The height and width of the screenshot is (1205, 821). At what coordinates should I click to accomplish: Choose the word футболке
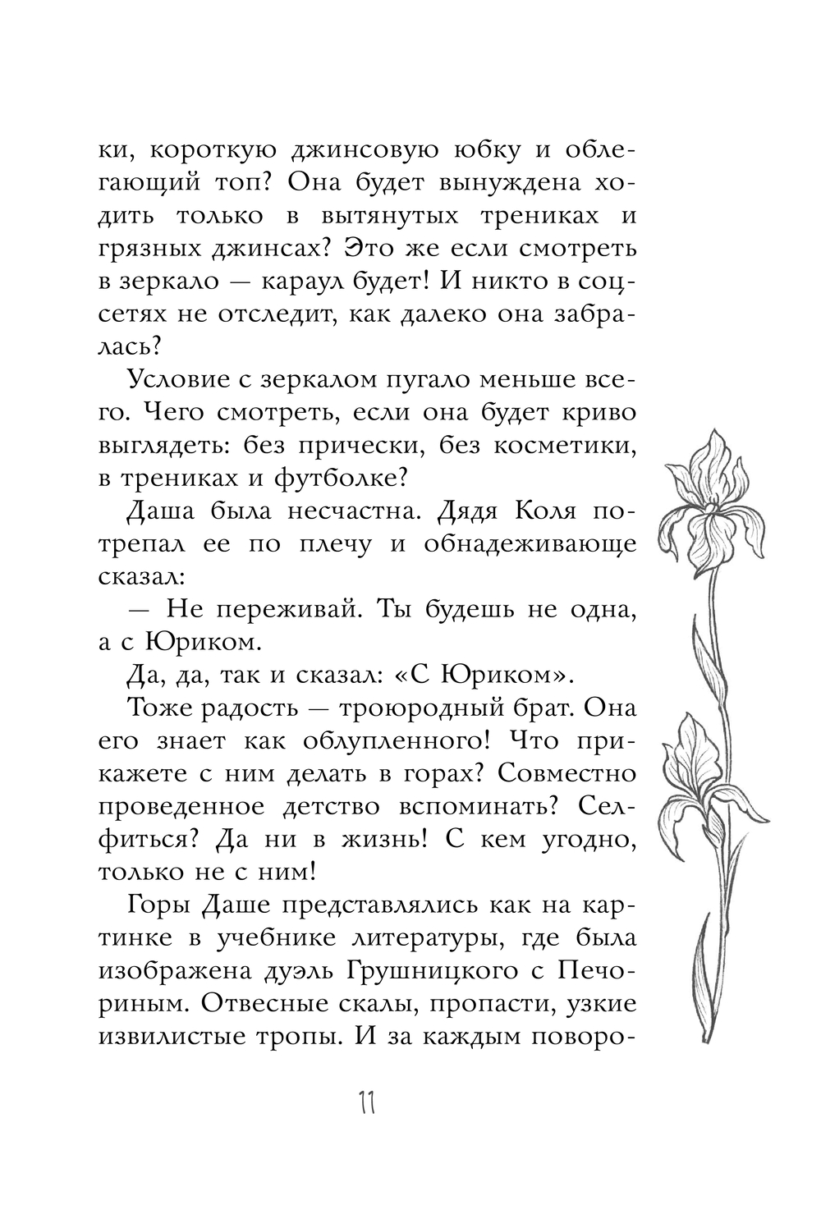pos(335,478)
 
